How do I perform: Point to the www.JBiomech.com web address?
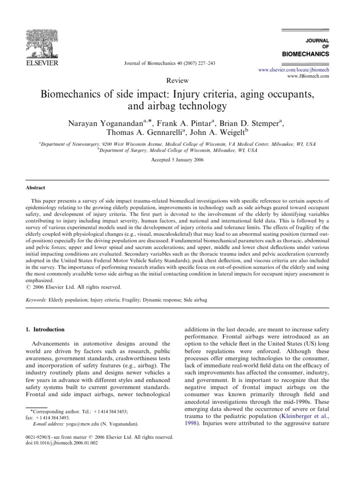click(307, 75)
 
